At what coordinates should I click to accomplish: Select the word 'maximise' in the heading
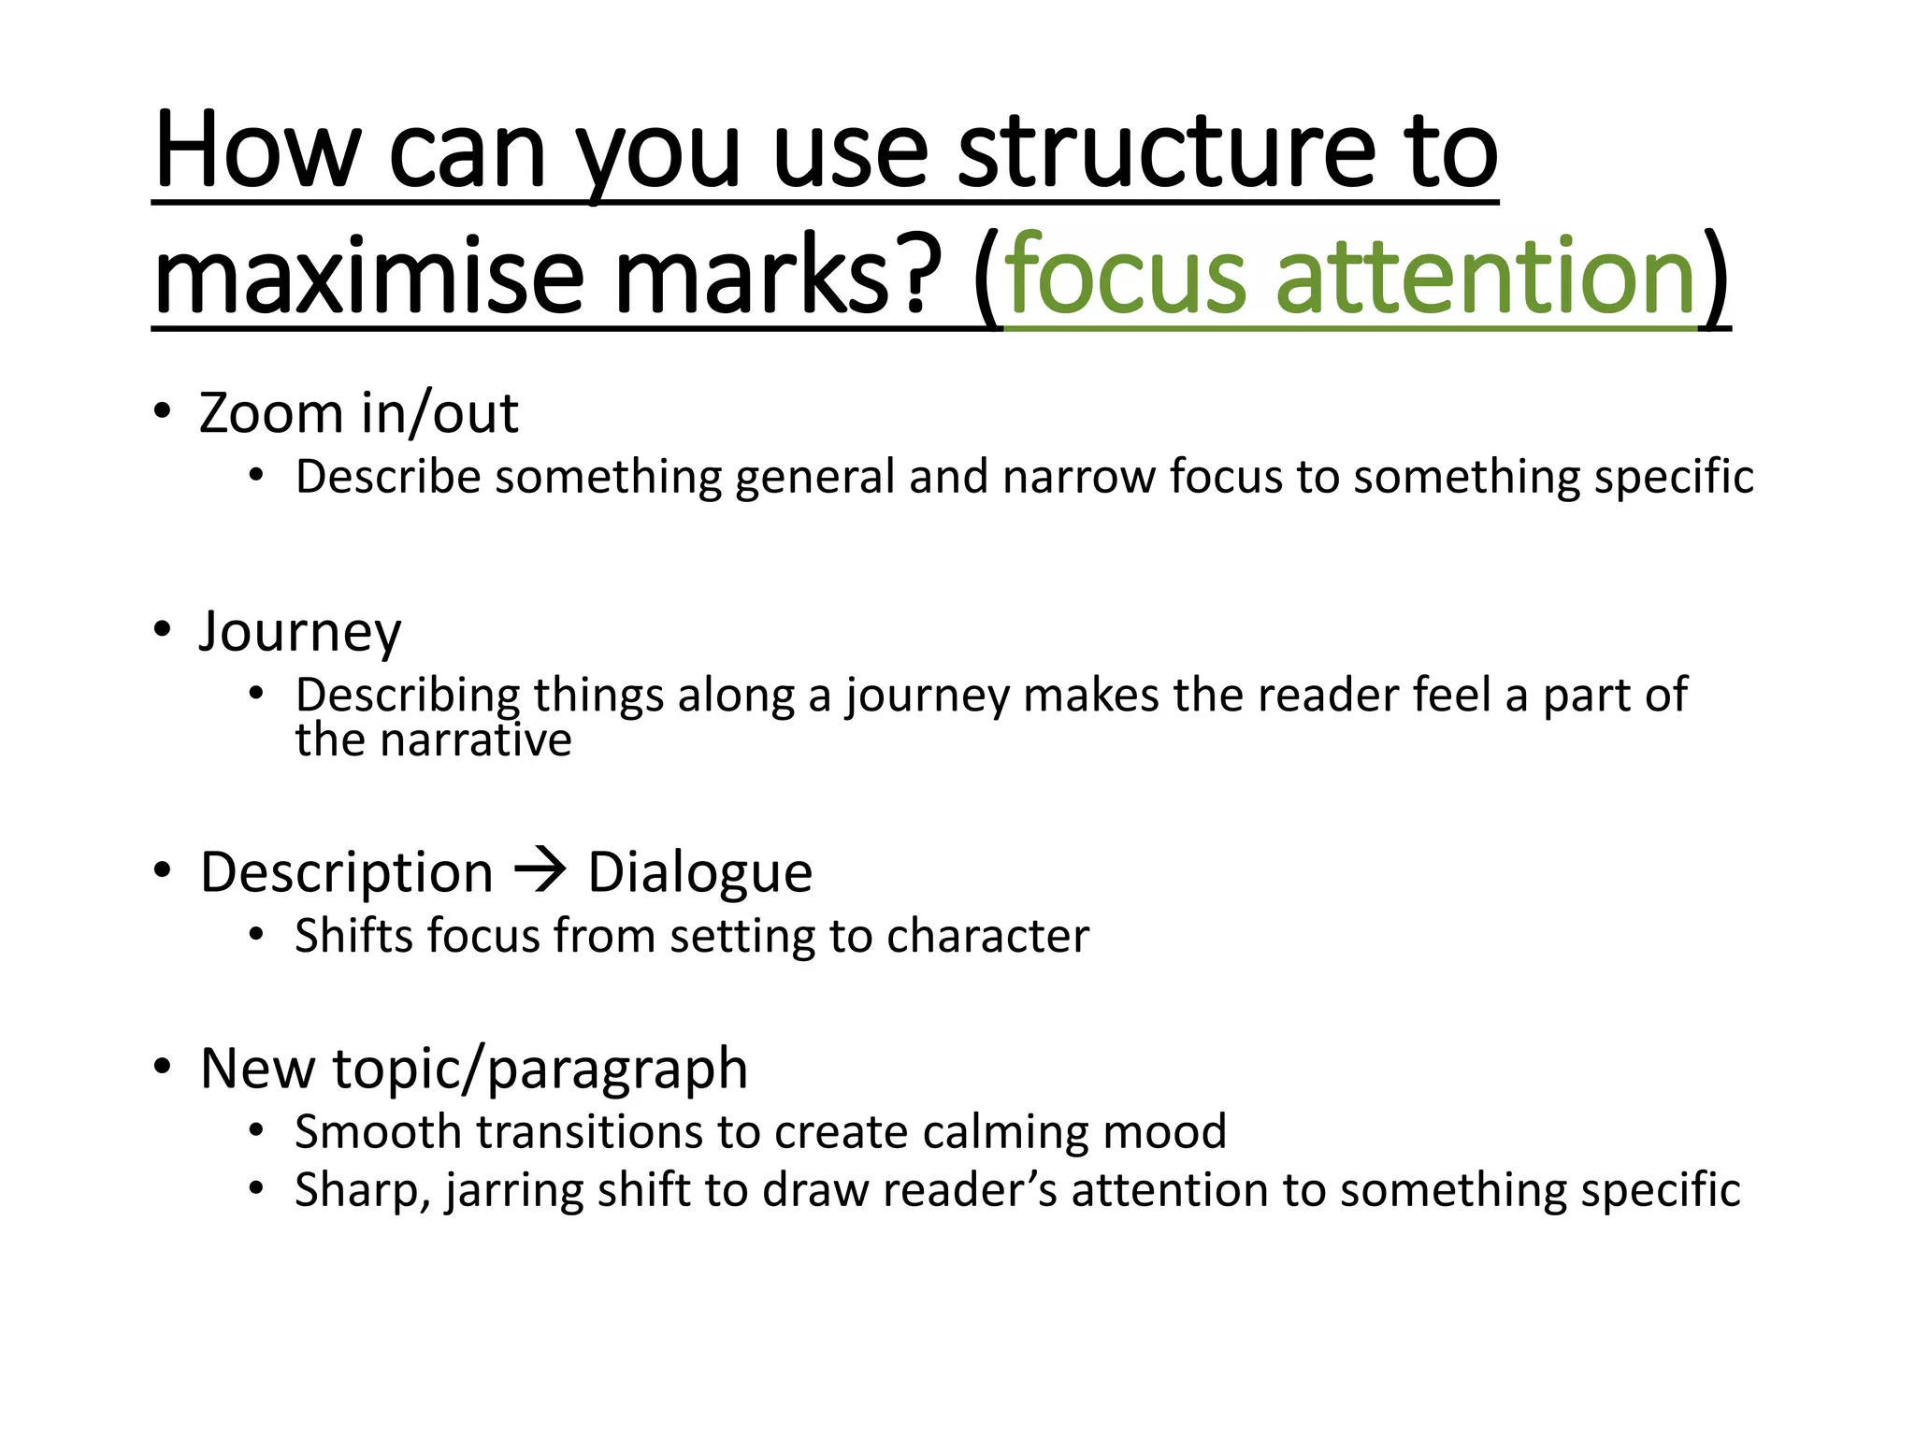(370, 276)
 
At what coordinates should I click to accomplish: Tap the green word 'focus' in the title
(1127, 276)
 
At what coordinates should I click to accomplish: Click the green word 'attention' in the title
(1486, 276)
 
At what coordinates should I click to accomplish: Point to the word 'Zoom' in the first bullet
(271, 413)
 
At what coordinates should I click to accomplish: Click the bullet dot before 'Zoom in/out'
(163, 411)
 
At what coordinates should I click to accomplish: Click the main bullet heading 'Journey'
(300, 633)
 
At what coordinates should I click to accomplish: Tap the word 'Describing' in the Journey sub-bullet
(408, 696)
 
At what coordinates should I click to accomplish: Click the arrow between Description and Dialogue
(540, 870)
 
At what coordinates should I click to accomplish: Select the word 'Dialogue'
(699, 873)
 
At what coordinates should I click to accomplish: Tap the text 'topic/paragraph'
(540, 1070)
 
